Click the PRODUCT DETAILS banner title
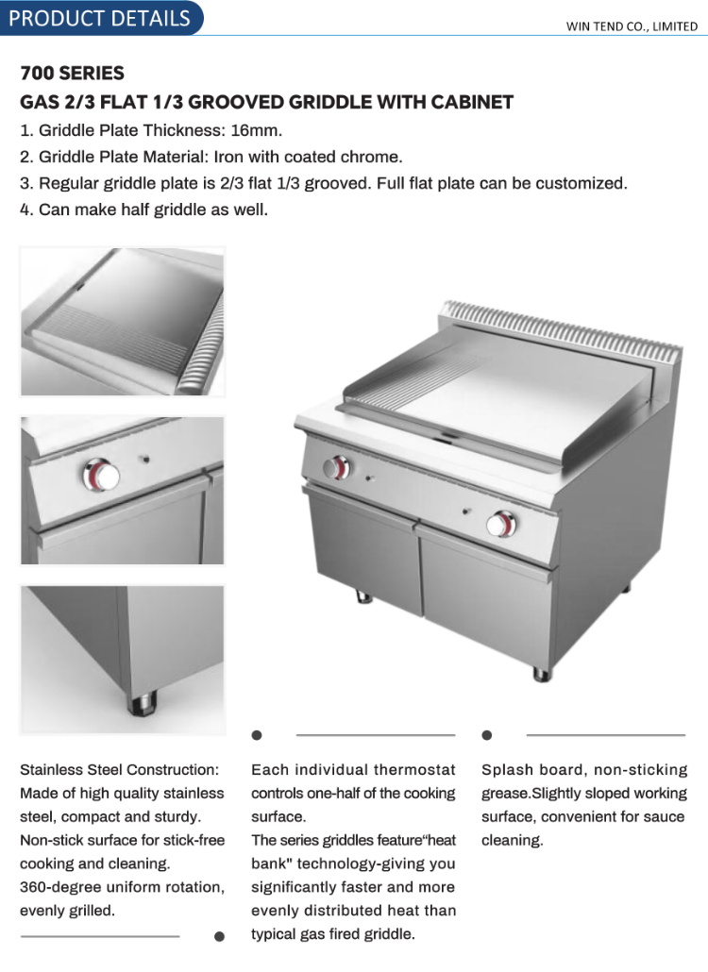[x=99, y=19]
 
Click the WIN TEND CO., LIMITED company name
[x=632, y=26]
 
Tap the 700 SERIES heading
[x=72, y=74]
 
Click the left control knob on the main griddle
[x=336, y=467]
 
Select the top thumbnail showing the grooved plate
[x=123, y=322]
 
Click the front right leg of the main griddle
[x=540, y=674]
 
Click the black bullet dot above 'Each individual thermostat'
[x=257, y=735]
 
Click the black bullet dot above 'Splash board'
[x=487, y=735]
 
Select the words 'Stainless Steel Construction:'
[x=119, y=770]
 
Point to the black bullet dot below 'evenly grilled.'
[x=219, y=936]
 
